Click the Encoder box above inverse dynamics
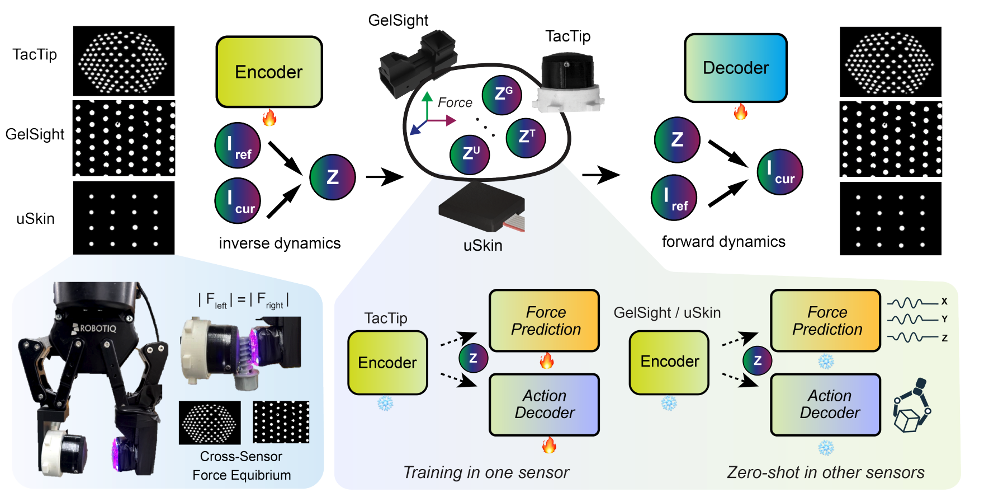tap(269, 72)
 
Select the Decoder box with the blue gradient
tap(735, 68)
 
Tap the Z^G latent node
tap(502, 95)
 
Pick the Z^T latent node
tap(526, 137)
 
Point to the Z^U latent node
tap(470, 154)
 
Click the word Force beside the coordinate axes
tap(455, 102)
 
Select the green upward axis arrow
tap(427, 104)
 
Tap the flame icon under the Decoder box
tap(740, 111)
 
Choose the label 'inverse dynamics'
tap(280, 243)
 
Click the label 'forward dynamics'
tap(723, 242)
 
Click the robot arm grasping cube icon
tap(912, 405)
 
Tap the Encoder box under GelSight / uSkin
tap(669, 362)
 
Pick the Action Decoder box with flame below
tap(544, 404)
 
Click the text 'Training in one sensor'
tap(486, 472)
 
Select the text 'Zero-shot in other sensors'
tap(825, 472)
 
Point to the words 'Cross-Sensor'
tap(241, 457)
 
